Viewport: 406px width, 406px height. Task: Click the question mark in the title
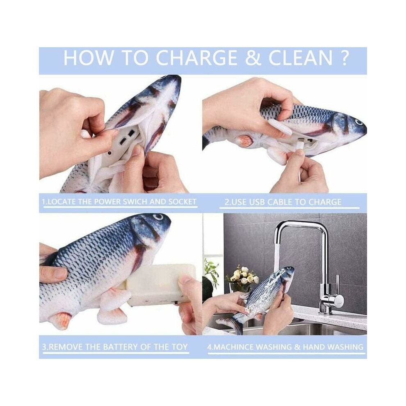click(x=344, y=58)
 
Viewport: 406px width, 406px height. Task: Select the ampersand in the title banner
click(x=253, y=58)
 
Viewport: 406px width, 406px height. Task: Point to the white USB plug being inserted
click(x=300, y=146)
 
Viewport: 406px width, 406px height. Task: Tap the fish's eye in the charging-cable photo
click(x=358, y=122)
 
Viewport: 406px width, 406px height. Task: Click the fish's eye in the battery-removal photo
click(x=157, y=217)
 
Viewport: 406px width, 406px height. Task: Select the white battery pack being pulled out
click(x=160, y=283)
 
